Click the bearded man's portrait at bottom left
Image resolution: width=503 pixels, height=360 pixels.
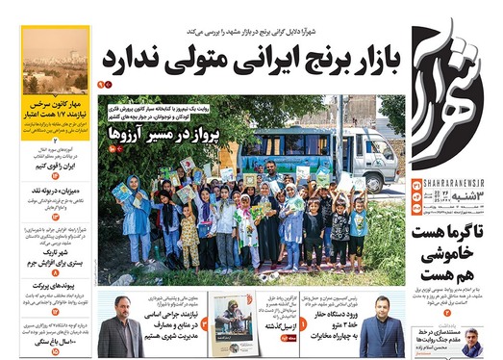pyautogui.click(x=119, y=331)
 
